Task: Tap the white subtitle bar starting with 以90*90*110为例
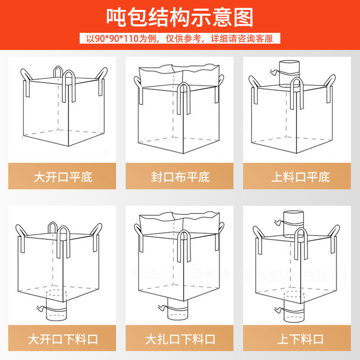click(180, 38)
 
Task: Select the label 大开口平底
click(63, 176)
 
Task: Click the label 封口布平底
click(180, 176)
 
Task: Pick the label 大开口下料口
click(63, 338)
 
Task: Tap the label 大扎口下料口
click(180, 338)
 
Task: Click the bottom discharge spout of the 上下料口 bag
click(292, 310)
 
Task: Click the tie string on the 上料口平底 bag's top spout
click(274, 72)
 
